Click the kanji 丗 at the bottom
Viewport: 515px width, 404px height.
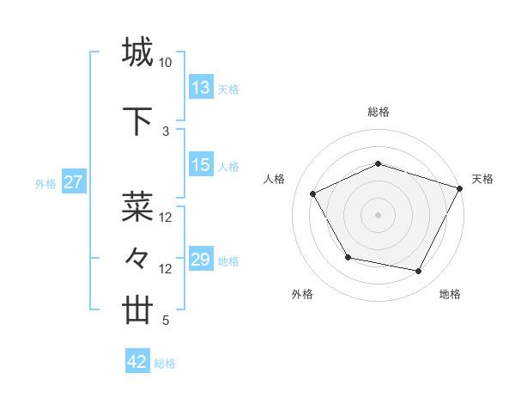pos(137,310)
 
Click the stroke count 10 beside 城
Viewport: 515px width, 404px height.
pos(166,63)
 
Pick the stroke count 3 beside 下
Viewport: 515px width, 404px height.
pos(166,131)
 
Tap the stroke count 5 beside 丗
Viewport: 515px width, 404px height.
pos(166,321)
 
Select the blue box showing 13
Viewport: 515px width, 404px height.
pos(201,88)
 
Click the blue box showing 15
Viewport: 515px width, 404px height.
pos(201,165)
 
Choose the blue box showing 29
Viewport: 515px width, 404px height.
pos(201,260)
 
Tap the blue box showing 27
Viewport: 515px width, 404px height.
pos(73,182)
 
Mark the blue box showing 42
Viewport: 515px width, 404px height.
pos(136,362)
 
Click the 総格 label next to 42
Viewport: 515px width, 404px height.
pos(165,364)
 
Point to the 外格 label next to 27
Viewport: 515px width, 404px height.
pos(45,183)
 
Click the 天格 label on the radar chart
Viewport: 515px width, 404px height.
pos(482,179)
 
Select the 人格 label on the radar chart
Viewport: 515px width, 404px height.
pos(275,179)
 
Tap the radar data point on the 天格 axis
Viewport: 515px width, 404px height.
pos(461,187)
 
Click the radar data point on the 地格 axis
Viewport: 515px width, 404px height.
pos(419,272)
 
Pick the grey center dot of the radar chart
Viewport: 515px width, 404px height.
pos(378,214)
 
